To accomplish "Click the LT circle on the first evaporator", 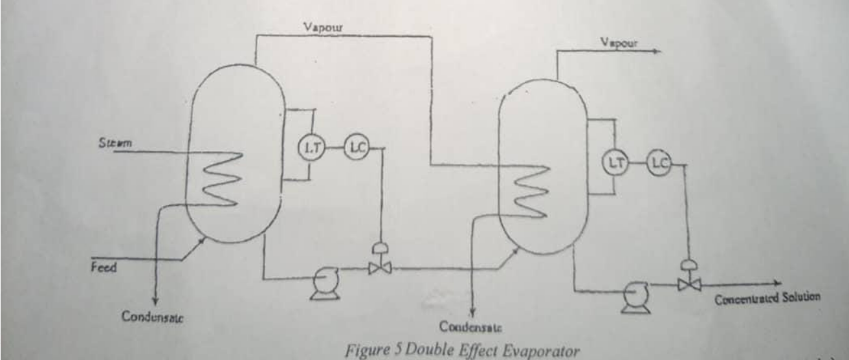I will click(x=307, y=149).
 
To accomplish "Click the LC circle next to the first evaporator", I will click(x=355, y=148).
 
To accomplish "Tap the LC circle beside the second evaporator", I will click(x=659, y=161).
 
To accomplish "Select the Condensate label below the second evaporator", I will click(x=472, y=324).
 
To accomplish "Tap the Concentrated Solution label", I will click(x=767, y=298).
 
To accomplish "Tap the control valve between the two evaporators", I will click(x=378, y=264).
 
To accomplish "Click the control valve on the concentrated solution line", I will click(x=689, y=280).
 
